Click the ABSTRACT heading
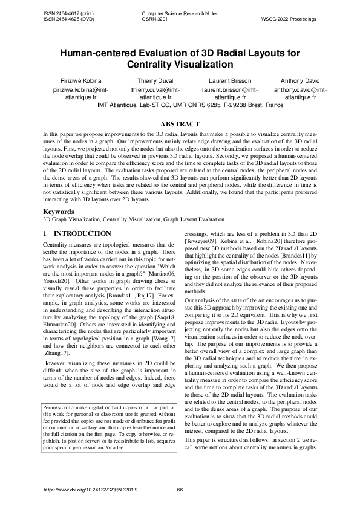tap(180, 123)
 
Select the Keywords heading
tap(59, 212)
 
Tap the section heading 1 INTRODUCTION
tap(77, 233)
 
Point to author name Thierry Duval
tap(155, 80)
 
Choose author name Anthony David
tap(301, 80)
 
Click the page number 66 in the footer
tap(180, 490)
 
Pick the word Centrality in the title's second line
tap(153, 64)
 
